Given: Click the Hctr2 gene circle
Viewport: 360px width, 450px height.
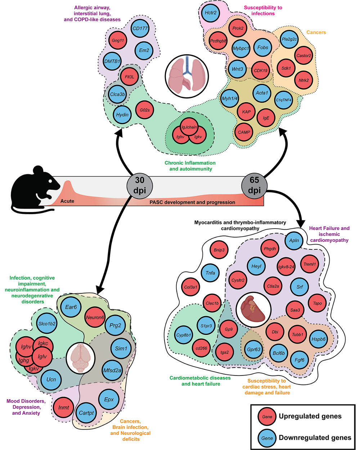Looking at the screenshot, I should [210, 13].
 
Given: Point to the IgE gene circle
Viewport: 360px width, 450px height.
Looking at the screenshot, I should [266, 118].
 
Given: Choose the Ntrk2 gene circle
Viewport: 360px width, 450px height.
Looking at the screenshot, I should [303, 80].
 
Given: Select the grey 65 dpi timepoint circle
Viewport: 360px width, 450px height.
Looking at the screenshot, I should [254, 185].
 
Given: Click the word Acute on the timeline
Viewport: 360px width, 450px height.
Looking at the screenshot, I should [67, 201].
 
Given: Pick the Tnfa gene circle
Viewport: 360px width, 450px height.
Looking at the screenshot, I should [210, 273].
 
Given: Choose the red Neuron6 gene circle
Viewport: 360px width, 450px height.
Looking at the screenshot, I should [95, 317].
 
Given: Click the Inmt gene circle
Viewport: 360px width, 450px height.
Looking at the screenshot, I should [64, 408].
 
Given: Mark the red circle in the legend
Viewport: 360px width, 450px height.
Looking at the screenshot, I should [267, 417].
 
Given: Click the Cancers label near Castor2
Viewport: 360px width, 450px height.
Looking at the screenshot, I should [316, 32].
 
